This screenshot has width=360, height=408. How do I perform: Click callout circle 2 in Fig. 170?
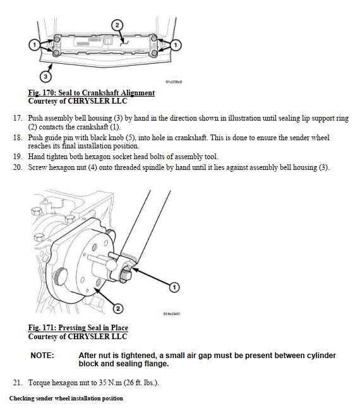(x=117, y=25)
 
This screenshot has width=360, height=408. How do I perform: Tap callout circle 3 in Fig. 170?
(x=45, y=76)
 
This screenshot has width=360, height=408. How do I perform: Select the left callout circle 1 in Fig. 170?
(x=34, y=45)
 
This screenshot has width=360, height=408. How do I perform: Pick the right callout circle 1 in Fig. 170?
(x=176, y=45)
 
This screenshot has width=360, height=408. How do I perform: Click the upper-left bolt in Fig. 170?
(x=57, y=39)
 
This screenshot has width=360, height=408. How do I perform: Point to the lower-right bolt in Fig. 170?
(x=154, y=53)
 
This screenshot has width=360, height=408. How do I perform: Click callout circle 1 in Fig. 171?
(x=174, y=287)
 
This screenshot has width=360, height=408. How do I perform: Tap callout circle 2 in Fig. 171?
(x=118, y=309)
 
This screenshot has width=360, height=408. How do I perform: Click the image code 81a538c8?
(x=174, y=81)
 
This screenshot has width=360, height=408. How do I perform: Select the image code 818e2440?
(x=171, y=314)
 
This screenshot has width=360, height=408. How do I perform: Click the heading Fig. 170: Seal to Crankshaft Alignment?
(x=92, y=93)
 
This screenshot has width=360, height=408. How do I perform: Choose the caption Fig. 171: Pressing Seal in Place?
(x=78, y=328)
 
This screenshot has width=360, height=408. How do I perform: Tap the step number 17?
(x=18, y=118)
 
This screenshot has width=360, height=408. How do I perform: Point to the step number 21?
(x=18, y=383)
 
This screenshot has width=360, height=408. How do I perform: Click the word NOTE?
(x=42, y=356)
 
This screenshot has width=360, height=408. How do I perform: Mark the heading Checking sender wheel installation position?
(x=66, y=399)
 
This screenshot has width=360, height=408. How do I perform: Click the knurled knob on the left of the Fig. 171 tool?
(x=59, y=277)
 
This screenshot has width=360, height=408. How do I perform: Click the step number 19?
(x=18, y=157)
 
